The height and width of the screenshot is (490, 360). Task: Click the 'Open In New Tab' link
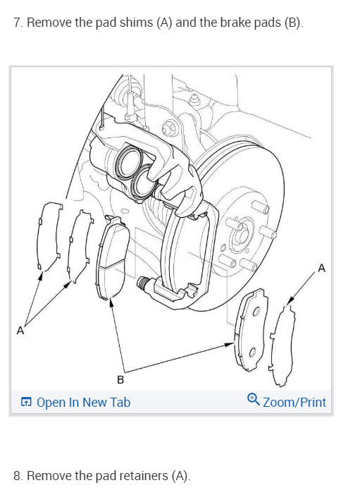click(83, 403)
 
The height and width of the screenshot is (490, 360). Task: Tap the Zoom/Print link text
click(294, 403)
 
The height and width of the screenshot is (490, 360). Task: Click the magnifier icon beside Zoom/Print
click(254, 400)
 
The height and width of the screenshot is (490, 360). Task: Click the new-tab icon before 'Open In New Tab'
click(26, 403)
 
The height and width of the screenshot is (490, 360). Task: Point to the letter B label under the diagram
click(120, 381)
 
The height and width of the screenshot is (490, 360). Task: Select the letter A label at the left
click(20, 330)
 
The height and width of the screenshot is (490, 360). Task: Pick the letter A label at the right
click(322, 268)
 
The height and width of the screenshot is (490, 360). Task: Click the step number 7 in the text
click(17, 23)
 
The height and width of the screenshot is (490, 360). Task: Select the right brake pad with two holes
click(252, 328)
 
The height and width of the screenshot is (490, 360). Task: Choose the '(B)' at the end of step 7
click(292, 23)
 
